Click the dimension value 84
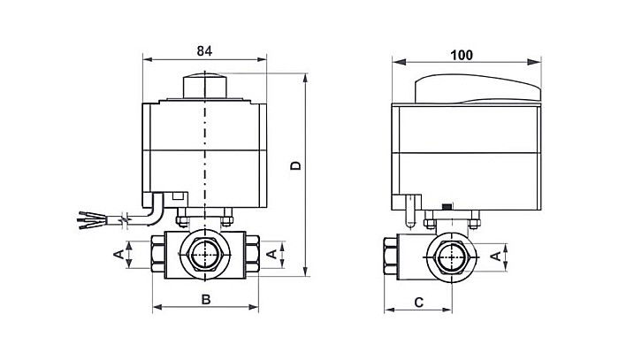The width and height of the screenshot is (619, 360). (x=204, y=50)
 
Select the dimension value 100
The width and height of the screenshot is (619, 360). (x=461, y=54)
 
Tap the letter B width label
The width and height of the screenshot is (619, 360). (x=205, y=299)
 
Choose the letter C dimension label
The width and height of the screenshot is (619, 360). (x=418, y=302)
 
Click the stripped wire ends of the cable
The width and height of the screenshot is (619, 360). (x=89, y=217)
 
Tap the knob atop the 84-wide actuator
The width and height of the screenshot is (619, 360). (x=205, y=86)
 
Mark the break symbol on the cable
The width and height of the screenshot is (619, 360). (x=129, y=216)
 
